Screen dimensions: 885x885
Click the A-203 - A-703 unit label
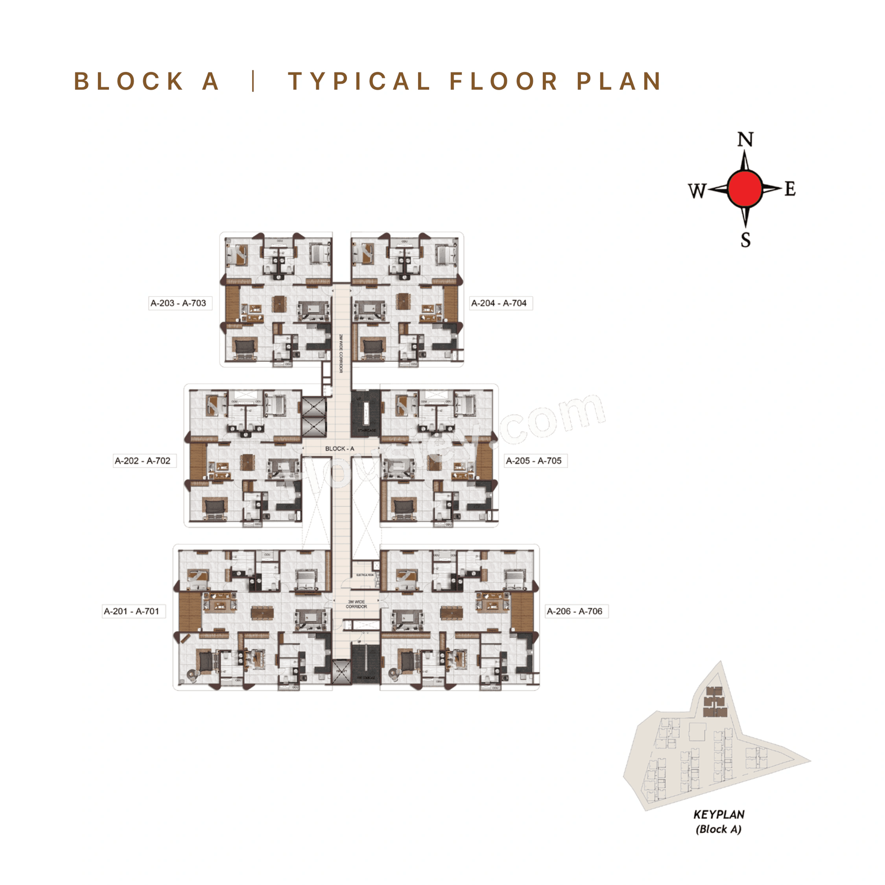click(x=178, y=303)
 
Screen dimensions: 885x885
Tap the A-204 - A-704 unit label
click(x=499, y=303)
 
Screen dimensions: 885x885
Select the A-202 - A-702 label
click(x=142, y=461)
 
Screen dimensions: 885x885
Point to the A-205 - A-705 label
click(x=534, y=461)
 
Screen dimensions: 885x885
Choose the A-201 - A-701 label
click(x=131, y=611)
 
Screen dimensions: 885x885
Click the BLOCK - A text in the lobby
click(x=339, y=448)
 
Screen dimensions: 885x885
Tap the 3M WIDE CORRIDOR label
click(x=356, y=604)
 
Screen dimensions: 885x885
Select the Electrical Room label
click(x=365, y=575)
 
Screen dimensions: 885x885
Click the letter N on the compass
click(x=745, y=139)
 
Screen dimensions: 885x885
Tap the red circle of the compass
click(x=745, y=189)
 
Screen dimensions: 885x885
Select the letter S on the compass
click(x=745, y=240)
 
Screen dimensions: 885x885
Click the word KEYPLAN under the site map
click(x=719, y=815)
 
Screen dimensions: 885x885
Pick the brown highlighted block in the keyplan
click(x=715, y=702)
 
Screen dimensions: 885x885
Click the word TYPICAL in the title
click(x=359, y=81)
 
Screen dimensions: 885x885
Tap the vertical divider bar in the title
click(x=253, y=81)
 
